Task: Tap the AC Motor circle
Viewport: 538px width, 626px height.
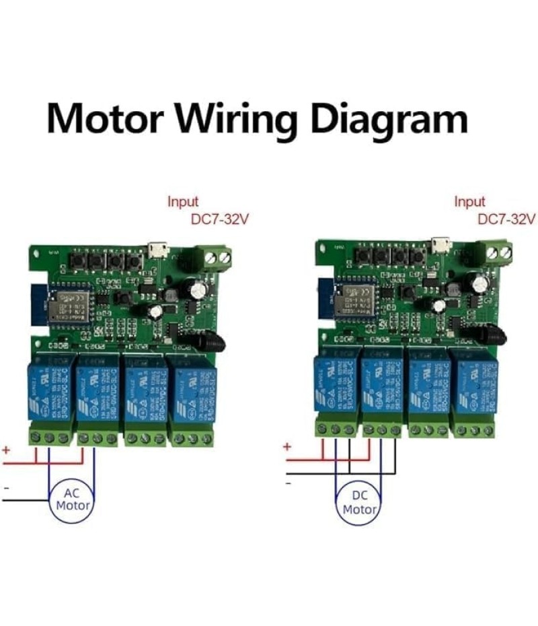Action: [71, 499]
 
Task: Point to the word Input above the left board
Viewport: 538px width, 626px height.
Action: [183, 201]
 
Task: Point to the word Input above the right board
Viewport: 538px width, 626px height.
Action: [469, 201]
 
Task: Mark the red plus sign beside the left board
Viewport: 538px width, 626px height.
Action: [7, 449]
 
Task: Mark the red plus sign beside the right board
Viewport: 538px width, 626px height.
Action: [287, 446]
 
